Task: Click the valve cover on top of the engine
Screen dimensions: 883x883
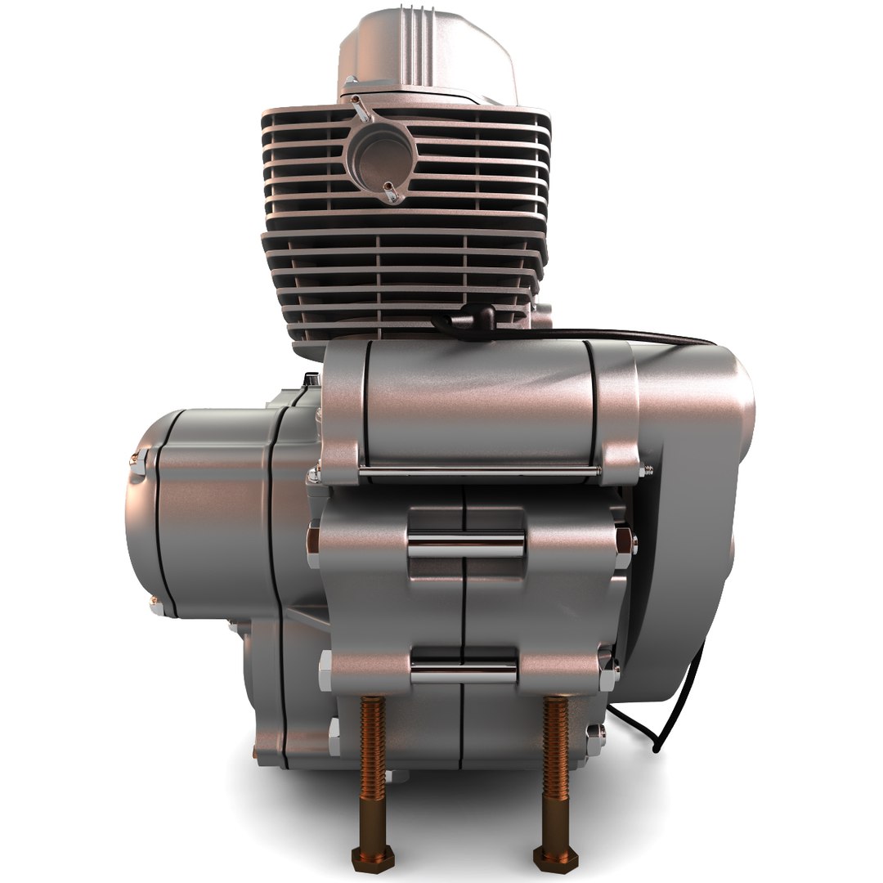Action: [426, 53]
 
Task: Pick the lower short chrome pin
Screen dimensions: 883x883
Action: [464, 672]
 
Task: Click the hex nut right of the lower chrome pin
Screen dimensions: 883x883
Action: [608, 675]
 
